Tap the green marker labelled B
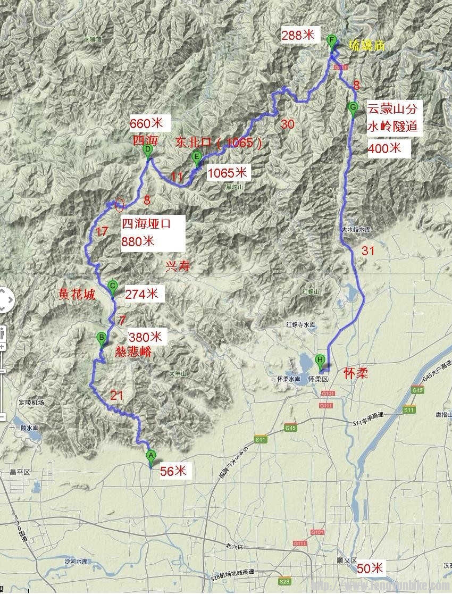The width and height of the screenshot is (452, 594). [101, 338]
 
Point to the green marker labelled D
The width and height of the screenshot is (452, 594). [148, 151]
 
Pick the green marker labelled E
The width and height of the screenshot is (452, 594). [197, 157]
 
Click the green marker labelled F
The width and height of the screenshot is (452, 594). [332, 41]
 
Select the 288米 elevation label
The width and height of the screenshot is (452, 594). [298, 36]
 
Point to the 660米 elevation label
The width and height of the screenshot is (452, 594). [147, 123]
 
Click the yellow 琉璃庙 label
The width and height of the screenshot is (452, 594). [366, 46]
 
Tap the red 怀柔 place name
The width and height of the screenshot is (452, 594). [356, 373]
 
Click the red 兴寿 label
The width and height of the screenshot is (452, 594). [178, 266]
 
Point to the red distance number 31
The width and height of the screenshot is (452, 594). [368, 250]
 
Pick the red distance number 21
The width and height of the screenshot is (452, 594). [116, 395]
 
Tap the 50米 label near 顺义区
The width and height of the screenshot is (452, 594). [370, 568]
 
